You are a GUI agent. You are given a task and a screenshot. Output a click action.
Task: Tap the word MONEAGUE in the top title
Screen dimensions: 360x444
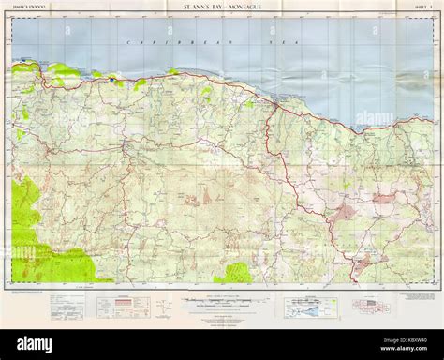coord(242,9)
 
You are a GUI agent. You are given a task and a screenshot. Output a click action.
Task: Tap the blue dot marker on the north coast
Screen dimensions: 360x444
coord(113,81)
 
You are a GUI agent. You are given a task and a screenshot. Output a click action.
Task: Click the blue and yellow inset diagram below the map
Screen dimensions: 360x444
coord(304,304)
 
